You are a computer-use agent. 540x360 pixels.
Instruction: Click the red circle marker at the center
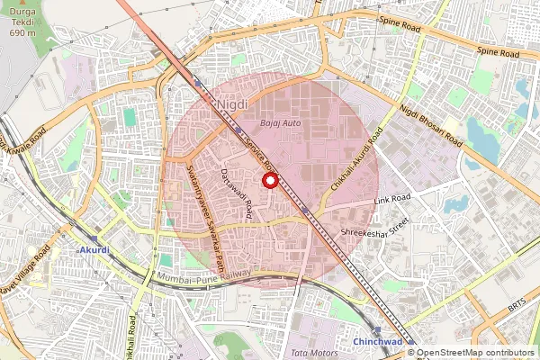pos(268,181)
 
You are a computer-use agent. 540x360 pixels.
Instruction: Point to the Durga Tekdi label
pos(22,21)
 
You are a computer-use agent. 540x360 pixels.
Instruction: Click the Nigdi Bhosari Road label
pos(433,127)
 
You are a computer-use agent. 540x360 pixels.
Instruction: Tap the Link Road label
pos(393,197)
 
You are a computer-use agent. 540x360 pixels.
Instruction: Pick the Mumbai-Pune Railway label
pos(204,279)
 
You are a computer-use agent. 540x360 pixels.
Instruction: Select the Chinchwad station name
pos(377,342)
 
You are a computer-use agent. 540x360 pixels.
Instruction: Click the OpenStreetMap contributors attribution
pos(474,353)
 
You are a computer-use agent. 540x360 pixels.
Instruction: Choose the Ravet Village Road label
pos(20,278)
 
